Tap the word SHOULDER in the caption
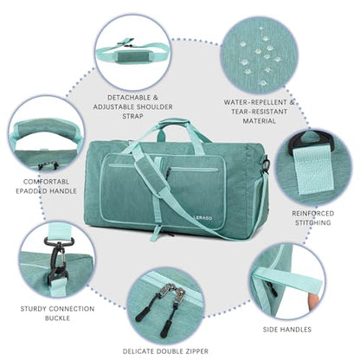coord(155,106)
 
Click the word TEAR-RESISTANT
coord(259,112)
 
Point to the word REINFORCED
coord(313,214)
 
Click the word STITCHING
coord(313,222)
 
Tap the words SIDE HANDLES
coord(287,330)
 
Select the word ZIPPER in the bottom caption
coord(195,351)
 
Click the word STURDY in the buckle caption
coord(33,309)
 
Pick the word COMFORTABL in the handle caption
coord(46,182)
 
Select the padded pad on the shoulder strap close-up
coord(133,55)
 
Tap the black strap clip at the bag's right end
coord(266,165)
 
